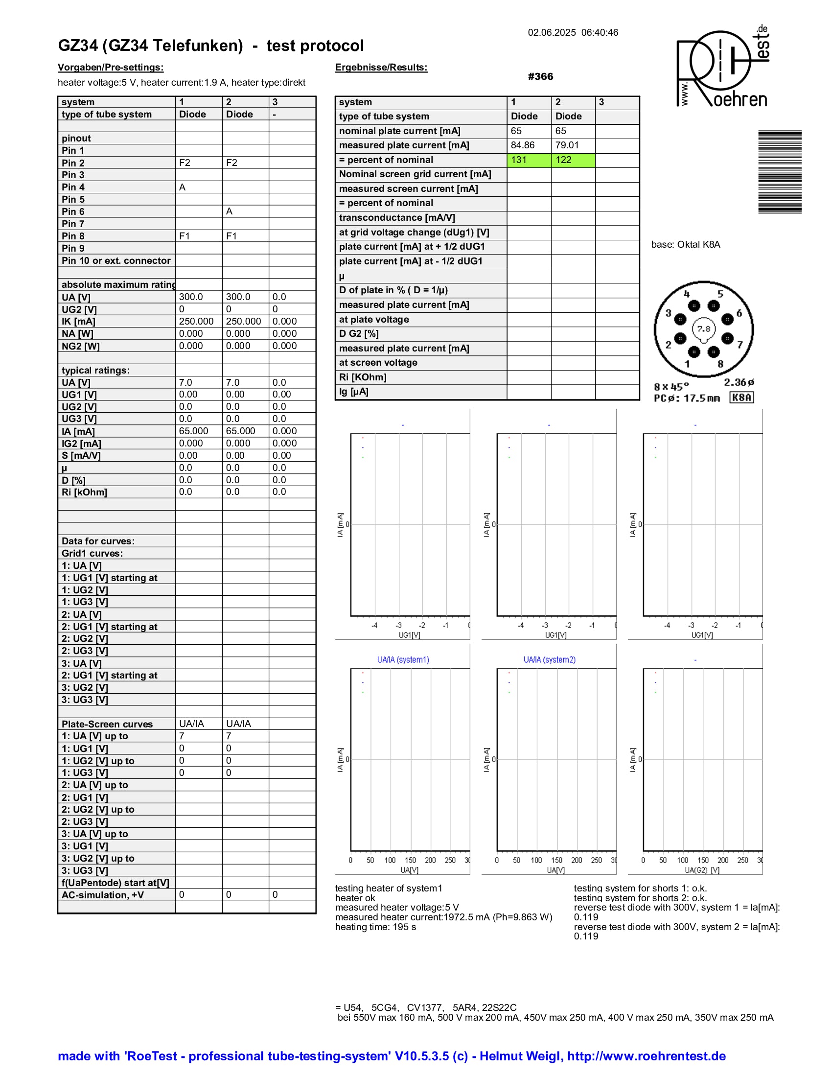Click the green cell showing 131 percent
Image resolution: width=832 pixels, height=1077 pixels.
click(x=529, y=160)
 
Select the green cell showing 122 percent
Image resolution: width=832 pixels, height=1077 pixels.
click(x=573, y=160)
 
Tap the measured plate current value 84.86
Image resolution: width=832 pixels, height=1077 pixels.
click(x=523, y=145)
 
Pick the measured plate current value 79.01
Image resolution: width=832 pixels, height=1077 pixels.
click(x=567, y=145)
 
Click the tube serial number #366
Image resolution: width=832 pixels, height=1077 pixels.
click(x=540, y=76)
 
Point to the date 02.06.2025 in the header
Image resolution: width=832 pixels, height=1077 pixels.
click(x=552, y=32)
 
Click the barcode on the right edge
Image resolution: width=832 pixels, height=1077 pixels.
click(x=779, y=172)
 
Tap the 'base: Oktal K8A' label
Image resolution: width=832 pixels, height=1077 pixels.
click(x=685, y=245)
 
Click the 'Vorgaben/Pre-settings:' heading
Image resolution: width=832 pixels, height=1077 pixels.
click(x=111, y=68)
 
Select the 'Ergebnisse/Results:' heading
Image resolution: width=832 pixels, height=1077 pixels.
click(x=381, y=68)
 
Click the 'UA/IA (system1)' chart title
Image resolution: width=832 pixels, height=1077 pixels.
click(x=403, y=660)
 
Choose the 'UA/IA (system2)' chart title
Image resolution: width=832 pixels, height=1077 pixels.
click(x=549, y=660)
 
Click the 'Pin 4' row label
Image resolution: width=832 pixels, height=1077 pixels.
click(x=73, y=187)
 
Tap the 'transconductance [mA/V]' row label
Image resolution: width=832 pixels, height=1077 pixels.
click(x=397, y=217)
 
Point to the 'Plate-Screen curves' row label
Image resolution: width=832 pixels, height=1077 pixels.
click(x=107, y=724)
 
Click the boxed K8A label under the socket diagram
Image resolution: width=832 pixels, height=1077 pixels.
click(x=741, y=398)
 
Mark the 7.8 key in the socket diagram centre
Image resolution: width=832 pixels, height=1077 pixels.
click(x=703, y=329)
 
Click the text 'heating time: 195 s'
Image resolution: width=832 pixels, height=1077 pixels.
click(x=375, y=927)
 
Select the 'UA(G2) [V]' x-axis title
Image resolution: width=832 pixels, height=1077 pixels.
click(x=702, y=870)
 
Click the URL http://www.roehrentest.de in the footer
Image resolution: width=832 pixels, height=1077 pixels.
click(x=646, y=1056)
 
